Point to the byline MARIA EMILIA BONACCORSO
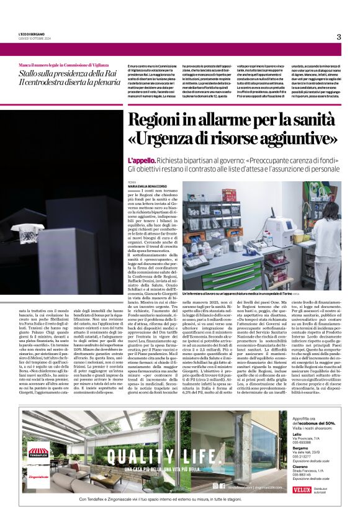149,187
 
